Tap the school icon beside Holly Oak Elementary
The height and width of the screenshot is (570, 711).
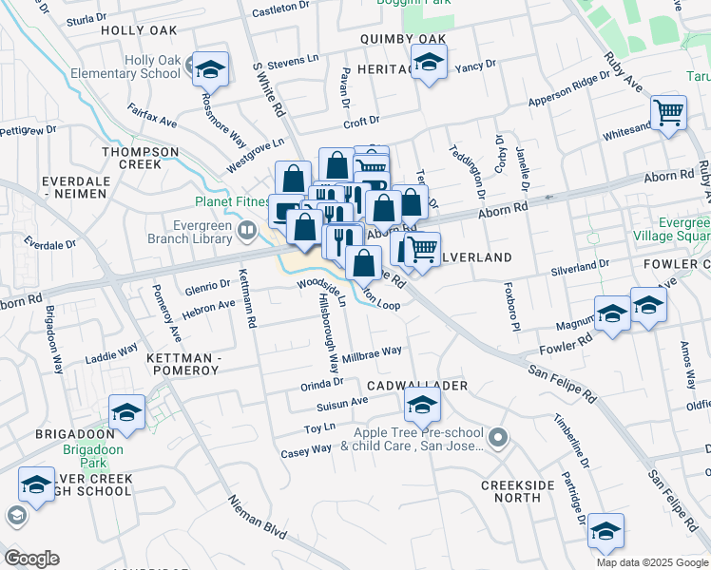point(210,69)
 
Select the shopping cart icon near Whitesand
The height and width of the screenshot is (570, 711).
point(669,112)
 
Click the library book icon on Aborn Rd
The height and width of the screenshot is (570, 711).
point(248,228)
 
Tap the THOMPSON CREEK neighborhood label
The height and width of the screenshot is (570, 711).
point(140,158)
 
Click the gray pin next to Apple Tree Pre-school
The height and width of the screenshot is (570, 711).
point(500,438)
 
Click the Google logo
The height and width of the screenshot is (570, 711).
point(31,558)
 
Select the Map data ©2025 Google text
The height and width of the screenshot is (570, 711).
point(651,561)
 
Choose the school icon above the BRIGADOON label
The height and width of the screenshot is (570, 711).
point(126,412)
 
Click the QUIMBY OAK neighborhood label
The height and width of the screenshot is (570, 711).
point(402,39)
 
